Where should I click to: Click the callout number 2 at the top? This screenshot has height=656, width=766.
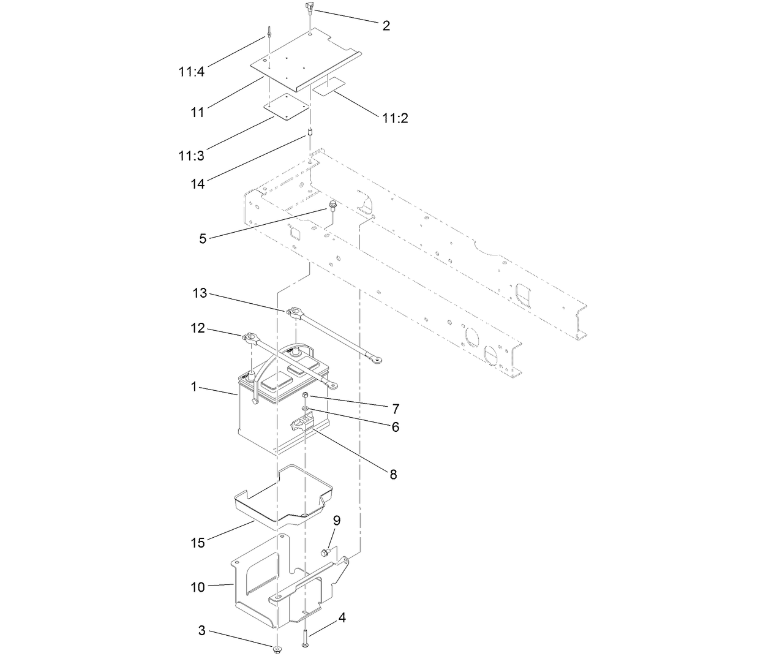[x=386, y=25]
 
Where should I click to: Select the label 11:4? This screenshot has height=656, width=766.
[x=192, y=72]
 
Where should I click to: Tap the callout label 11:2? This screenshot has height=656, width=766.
[x=395, y=118]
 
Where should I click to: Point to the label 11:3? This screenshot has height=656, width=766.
[x=191, y=156]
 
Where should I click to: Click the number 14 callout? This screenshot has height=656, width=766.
[x=197, y=183]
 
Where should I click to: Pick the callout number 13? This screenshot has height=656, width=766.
[x=200, y=294]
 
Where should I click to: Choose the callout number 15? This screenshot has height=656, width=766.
[x=197, y=542]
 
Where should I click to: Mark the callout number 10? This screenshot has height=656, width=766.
[x=197, y=587]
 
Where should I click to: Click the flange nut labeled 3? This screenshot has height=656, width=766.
[x=277, y=647]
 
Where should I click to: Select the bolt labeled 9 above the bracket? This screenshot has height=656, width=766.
[x=325, y=553]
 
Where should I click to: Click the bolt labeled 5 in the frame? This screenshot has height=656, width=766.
[x=332, y=206]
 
